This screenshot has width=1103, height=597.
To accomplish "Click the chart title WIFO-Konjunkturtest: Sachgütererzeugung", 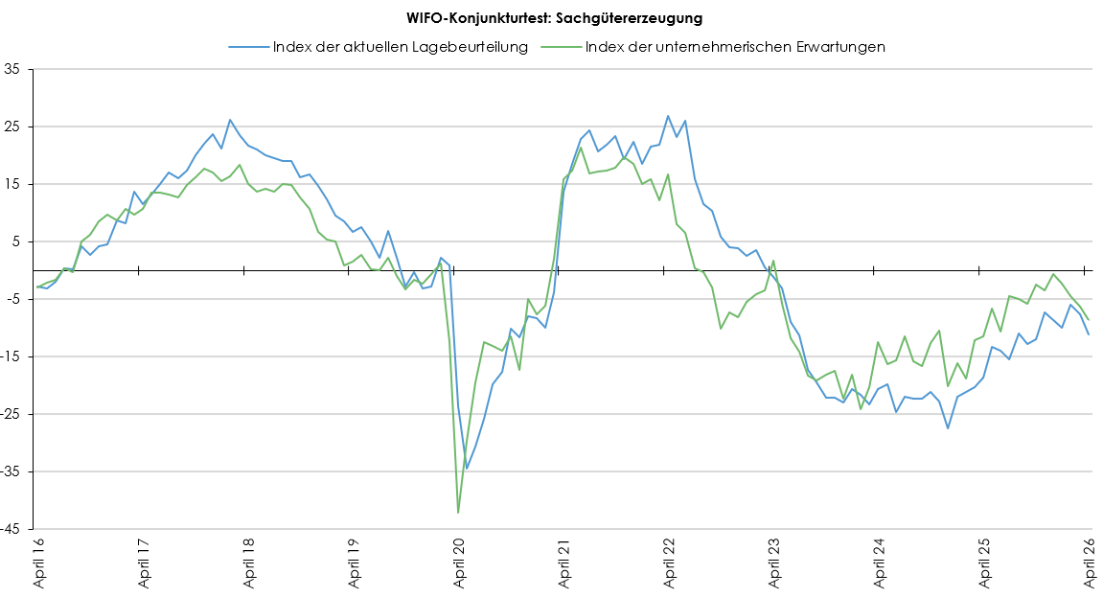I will [x=550, y=18].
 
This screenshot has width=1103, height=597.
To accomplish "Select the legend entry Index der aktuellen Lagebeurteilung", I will [x=400, y=46].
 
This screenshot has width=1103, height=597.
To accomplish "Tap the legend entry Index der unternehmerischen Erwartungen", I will [x=734, y=46].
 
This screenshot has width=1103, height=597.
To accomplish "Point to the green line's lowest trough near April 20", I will [x=458, y=513].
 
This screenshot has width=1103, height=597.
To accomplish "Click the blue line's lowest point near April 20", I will [x=467, y=469].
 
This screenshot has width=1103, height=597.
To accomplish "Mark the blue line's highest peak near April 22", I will [x=668, y=116].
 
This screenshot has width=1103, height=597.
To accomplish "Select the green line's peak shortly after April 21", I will [x=581, y=148].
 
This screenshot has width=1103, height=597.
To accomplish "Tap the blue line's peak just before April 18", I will [x=230, y=120].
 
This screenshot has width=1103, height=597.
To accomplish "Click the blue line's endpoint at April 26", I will [x=1089, y=334].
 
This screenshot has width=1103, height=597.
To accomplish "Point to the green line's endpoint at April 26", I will [x=1089, y=320].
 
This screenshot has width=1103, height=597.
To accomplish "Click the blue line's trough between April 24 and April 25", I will [x=948, y=428].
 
